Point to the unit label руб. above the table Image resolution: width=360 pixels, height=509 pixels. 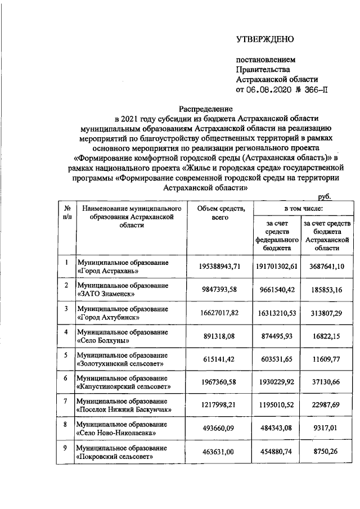[x=325, y=196]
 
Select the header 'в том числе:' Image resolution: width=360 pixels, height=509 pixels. [x=299, y=209]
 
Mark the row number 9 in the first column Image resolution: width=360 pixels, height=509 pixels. [x=66, y=448]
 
